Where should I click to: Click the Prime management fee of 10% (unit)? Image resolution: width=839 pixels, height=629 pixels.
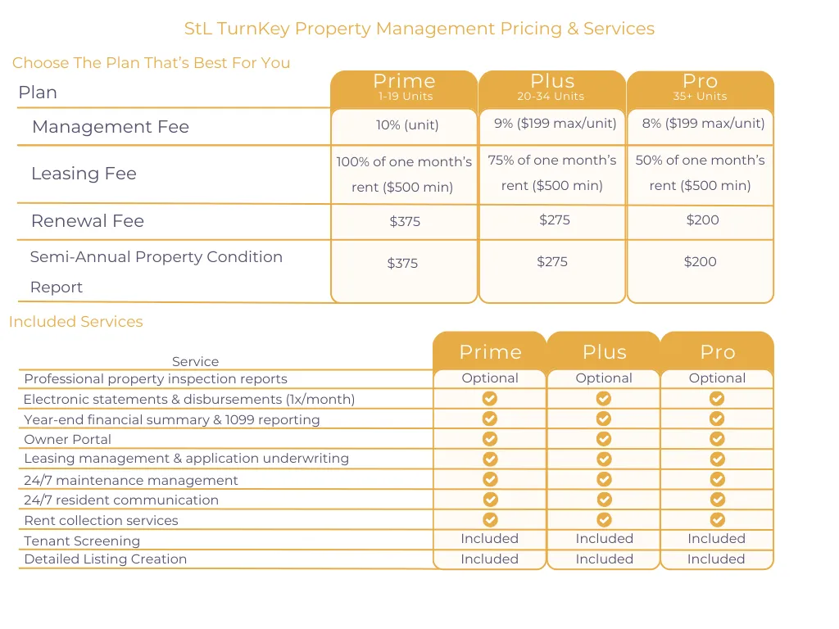coord(407,125)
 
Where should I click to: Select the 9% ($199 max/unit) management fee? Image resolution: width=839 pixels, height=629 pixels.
coord(555,124)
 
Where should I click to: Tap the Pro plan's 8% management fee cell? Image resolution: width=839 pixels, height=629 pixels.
coord(703,124)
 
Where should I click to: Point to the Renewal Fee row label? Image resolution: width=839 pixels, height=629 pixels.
coord(88,221)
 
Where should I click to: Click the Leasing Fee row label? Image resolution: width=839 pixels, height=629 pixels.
coord(84,174)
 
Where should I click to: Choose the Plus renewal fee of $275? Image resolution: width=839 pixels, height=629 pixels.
coord(555,219)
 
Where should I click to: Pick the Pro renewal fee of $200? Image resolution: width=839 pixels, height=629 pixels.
coord(702,219)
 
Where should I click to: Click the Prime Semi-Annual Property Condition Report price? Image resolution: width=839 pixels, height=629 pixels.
coord(402,263)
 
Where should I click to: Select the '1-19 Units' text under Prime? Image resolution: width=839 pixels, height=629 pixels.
coord(405,97)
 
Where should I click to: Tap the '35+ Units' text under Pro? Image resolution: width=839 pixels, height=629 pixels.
coord(700,97)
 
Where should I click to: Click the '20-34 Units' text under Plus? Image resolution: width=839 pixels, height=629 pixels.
coord(551,97)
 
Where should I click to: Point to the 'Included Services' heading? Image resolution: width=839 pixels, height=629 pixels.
coord(76,321)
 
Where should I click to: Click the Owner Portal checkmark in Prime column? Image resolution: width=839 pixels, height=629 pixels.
coord(490,439)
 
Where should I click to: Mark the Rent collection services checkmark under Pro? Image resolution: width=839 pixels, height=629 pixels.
coord(718,520)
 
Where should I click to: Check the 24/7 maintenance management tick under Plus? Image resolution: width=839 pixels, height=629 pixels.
coord(604,479)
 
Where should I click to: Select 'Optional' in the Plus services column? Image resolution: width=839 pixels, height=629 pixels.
coord(604,378)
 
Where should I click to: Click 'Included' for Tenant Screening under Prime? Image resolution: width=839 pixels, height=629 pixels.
coord(490,539)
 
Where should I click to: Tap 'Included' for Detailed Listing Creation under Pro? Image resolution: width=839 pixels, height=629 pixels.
coord(716,559)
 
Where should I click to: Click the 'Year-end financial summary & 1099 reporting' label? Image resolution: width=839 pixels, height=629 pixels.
coord(172,420)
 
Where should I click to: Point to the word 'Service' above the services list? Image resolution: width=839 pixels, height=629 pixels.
coord(195,361)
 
